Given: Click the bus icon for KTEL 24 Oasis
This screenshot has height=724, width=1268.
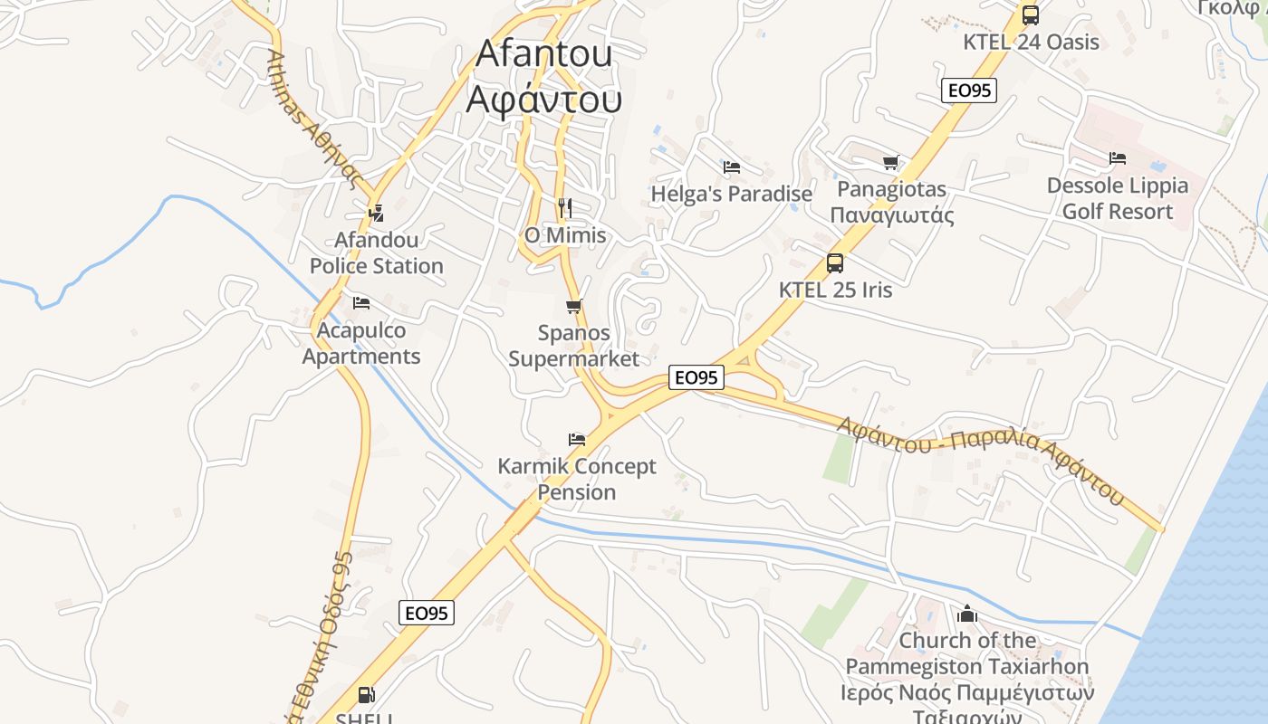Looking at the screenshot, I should click(1030, 14).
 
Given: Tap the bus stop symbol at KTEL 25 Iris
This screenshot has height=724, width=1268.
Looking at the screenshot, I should click(835, 263).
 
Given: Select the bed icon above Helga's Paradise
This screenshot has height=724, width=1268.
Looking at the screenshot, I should click(732, 167).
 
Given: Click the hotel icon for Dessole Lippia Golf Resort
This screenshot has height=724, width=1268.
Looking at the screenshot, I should click(1118, 158).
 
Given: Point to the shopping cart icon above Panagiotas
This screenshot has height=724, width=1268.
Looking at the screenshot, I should click(891, 163).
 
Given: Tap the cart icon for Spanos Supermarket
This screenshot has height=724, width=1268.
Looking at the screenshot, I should click(573, 307).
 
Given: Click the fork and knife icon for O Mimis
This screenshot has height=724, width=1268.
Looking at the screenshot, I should click(565, 208).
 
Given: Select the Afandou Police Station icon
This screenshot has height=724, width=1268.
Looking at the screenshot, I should click(376, 214).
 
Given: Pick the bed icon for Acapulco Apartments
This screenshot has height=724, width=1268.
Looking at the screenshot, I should click(361, 302).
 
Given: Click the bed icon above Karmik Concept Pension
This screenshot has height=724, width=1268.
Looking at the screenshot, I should click(577, 440).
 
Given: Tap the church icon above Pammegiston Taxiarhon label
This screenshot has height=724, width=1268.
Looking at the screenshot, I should click(967, 614).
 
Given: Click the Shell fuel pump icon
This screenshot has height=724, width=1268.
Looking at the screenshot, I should click(367, 695).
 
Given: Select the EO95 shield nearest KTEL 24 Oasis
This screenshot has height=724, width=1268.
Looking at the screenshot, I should click(969, 90).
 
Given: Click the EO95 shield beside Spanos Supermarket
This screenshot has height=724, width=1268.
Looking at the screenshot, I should click(696, 377).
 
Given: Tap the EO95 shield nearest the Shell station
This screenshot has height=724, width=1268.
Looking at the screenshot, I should click(427, 613).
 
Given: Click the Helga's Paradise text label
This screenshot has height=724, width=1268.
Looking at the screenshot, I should click(732, 194).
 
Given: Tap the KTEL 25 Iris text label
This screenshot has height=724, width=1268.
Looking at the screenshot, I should click(835, 290).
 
